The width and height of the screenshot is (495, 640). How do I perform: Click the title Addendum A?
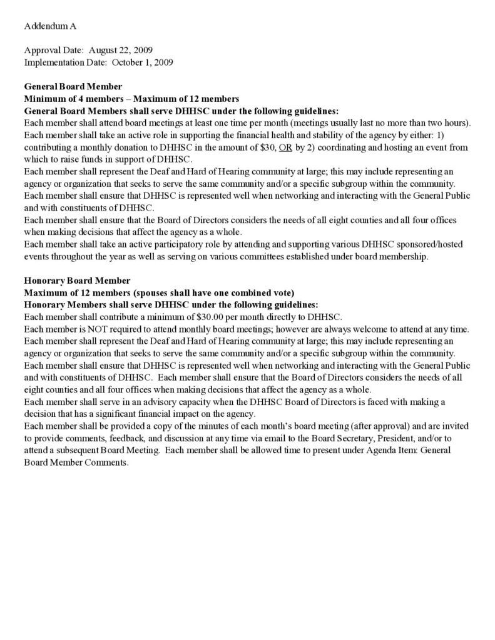pyautogui.click(x=50, y=26)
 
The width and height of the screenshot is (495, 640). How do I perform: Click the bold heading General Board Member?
pyautogui.click(x=73, y=86)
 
